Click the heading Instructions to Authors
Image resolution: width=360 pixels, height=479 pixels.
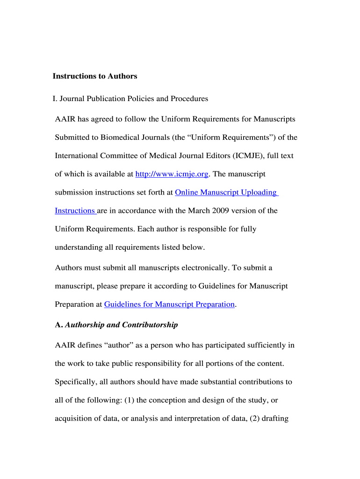[95, 76]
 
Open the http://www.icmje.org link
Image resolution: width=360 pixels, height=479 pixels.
[172, 174]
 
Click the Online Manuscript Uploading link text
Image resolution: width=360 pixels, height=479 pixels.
[226, 192]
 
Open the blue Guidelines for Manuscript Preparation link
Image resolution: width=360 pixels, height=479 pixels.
[169, 305]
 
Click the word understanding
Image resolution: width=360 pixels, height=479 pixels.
[77, 247]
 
